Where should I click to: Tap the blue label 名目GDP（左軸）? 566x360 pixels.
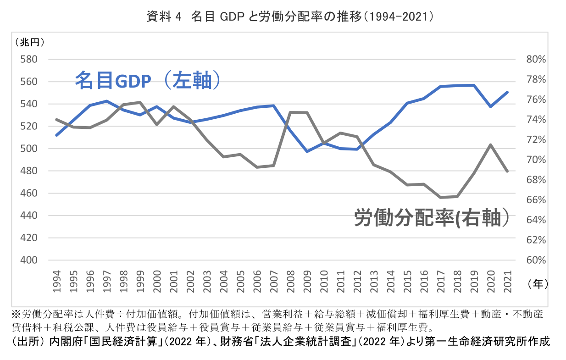pos(148,80)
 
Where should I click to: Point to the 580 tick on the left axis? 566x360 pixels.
pos(28,60)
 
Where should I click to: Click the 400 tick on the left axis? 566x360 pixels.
pos(28,260)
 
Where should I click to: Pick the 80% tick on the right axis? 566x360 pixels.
pos(535,60)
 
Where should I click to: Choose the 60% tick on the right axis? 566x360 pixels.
pos(535,260)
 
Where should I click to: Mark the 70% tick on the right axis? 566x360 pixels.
pos(535,160)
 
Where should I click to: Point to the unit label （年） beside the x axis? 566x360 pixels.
pos(538,284)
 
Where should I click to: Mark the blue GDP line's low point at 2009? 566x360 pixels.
pos(307,151)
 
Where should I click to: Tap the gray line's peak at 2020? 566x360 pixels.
pos(491,144)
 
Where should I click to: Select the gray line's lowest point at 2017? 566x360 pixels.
pos(440,198)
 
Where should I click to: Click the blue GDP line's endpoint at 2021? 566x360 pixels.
pos(507,92)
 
